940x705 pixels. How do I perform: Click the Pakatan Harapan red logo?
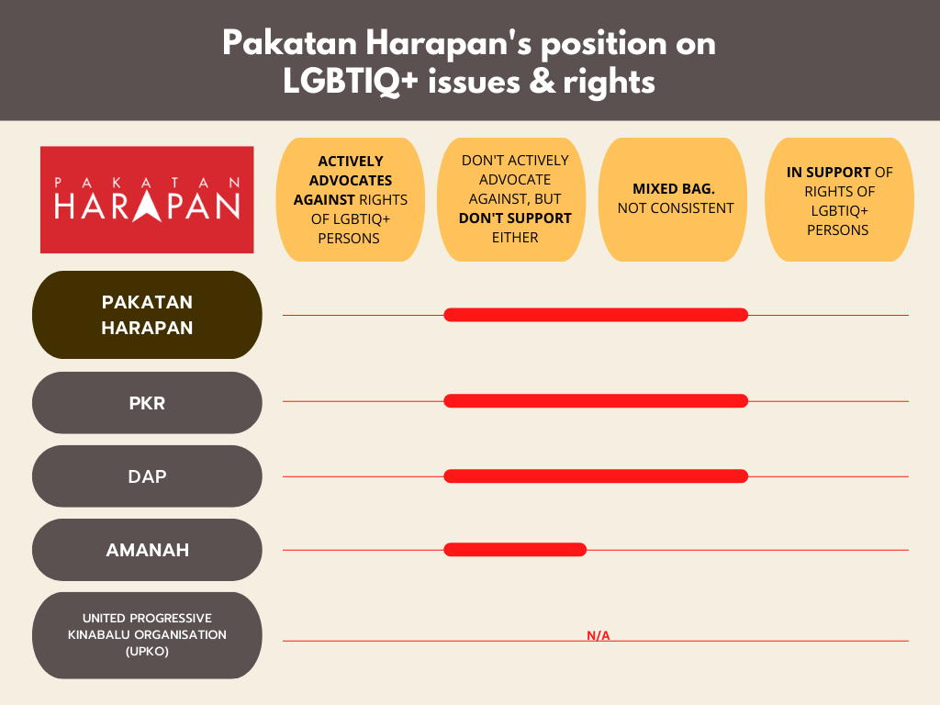[147, 199]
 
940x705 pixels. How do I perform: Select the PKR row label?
[147, 403]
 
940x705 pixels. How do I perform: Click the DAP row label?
[147, 476]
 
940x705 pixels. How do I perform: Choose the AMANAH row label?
[147, 550]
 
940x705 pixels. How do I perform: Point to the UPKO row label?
[147, 635]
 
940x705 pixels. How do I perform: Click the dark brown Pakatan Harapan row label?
[147, 315]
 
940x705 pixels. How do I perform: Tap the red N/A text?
[599, 635]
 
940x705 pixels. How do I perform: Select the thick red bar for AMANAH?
[515, 550]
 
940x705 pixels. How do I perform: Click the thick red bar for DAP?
[596, 476]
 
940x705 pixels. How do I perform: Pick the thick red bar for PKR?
[596, 401]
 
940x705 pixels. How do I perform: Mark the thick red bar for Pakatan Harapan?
[596, 315]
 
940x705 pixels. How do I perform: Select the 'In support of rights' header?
[839, 199]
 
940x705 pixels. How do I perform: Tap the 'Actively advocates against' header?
[350, 199]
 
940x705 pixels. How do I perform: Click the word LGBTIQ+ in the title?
[350, 82]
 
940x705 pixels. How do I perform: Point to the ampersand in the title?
[543, 82]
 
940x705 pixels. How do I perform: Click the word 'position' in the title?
[604, 44]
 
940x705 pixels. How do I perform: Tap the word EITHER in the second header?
[515, 238]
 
